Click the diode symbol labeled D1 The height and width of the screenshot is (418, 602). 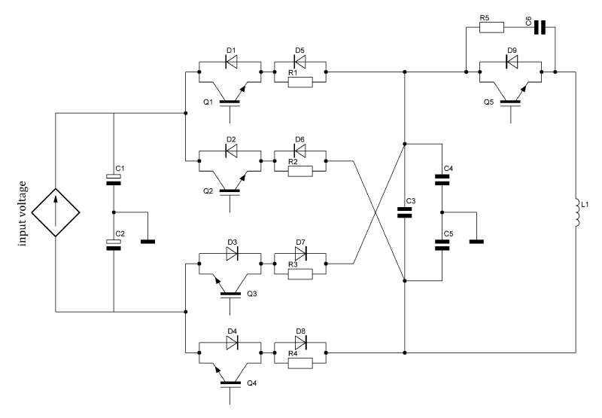click(x=231, y=62)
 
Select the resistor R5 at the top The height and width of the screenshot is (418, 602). click(x=492, y=29)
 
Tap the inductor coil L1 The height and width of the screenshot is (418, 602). click(x=575, y=212)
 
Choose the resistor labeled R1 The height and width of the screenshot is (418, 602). click(x=299, y=81)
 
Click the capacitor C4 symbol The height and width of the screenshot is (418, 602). click(x=442, y=179)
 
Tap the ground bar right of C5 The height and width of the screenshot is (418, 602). click(x=476, y=242)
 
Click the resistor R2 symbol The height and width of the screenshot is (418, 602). click(x=299, y=171)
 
